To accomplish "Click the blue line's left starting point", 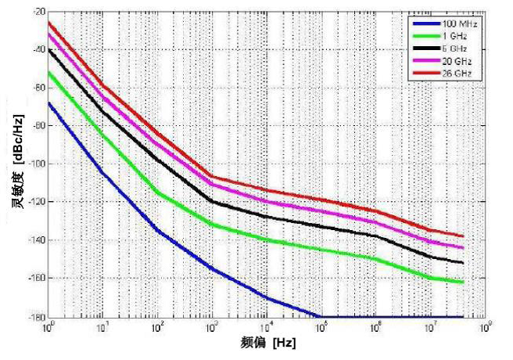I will click(48, 103).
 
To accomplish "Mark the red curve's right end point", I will click(464, 236).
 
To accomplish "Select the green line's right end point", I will click(464, 282).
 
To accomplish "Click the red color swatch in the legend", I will click(422, 73).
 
